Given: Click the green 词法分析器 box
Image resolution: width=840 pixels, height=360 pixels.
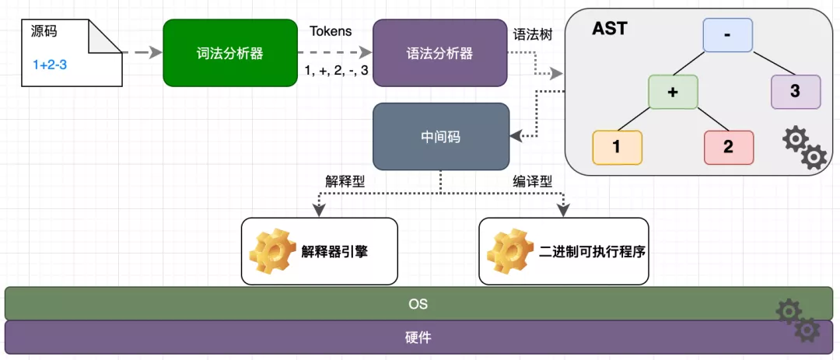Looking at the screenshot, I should click(230, 53).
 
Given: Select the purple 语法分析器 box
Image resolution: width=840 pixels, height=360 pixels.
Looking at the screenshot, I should click(439, 53).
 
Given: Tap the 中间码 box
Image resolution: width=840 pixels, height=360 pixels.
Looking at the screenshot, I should click(439, 137).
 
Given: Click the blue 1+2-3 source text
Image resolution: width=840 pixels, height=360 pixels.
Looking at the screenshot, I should click(50, 65).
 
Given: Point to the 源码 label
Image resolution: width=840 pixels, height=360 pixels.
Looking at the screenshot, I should click(44, 33).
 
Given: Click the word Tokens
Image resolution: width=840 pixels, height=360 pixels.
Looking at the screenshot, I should click(331, 32).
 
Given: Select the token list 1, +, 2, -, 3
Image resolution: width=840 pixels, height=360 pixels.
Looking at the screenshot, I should click(336, 72).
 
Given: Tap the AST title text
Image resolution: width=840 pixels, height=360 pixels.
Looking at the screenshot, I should click(610, 30).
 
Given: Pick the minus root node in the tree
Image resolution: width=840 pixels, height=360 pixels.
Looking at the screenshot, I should click(728, 35).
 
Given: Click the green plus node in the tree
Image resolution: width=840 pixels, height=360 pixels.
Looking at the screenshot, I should click(674, 91).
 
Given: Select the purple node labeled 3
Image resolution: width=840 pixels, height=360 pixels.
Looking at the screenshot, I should click(795, 91).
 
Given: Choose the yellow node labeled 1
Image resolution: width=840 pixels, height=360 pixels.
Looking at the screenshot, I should click(617, 147).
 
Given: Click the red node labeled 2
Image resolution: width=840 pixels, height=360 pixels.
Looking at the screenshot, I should click(729, 147).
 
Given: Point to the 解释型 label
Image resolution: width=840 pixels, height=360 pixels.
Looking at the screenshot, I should click(345, 181).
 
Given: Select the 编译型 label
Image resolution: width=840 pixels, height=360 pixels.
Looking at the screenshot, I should click(532, 181).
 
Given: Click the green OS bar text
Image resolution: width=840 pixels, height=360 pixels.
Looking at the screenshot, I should click(418, 304).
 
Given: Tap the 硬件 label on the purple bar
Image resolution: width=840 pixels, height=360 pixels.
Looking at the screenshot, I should click(418, 337).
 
